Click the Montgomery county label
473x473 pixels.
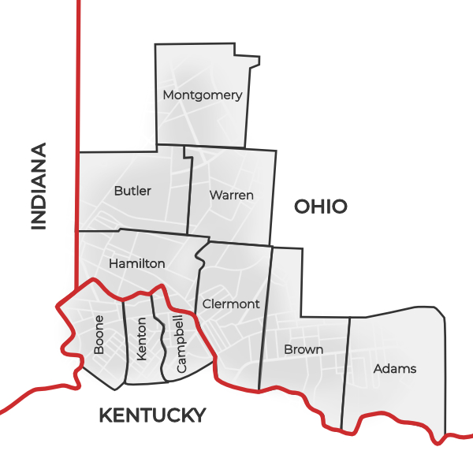click(202, 95)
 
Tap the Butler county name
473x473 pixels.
click(132, 191)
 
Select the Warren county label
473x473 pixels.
click(231, 195)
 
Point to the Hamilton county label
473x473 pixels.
click(137, 263)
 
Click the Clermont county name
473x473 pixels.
click(231, 304)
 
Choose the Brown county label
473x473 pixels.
click(304, 349)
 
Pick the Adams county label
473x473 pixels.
click(395, 368)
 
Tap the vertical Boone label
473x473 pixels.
click(99, 335)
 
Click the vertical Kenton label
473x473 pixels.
click(142, 339)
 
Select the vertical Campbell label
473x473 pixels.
click(181, 344)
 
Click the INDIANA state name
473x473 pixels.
click(39, 186)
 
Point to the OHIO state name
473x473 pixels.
click(321, 207)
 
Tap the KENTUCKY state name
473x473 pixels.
click(152, 415)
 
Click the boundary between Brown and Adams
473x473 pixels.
click(345, 371)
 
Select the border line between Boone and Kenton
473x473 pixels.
click(125, 339)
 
